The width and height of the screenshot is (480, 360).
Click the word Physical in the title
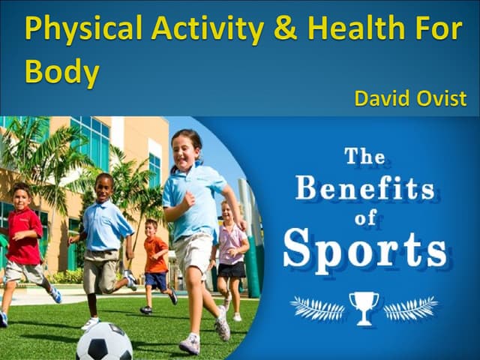(x=82, y=29)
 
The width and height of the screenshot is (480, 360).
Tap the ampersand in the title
(x=286, y=28)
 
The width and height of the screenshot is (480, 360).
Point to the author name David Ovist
(x=410, y=98)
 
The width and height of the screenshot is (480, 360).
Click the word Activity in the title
(x=207, y=29)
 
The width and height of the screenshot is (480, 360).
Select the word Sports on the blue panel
(x=365, y=247)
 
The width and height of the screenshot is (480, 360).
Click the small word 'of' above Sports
(x=365, y=217)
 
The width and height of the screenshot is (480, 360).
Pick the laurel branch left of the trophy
(x=317, y=307)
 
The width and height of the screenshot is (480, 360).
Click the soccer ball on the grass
(x=103, y=342)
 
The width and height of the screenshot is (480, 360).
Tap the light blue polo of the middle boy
(x=105, y=225)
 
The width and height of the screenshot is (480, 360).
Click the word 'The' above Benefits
(x=365, y=157)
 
